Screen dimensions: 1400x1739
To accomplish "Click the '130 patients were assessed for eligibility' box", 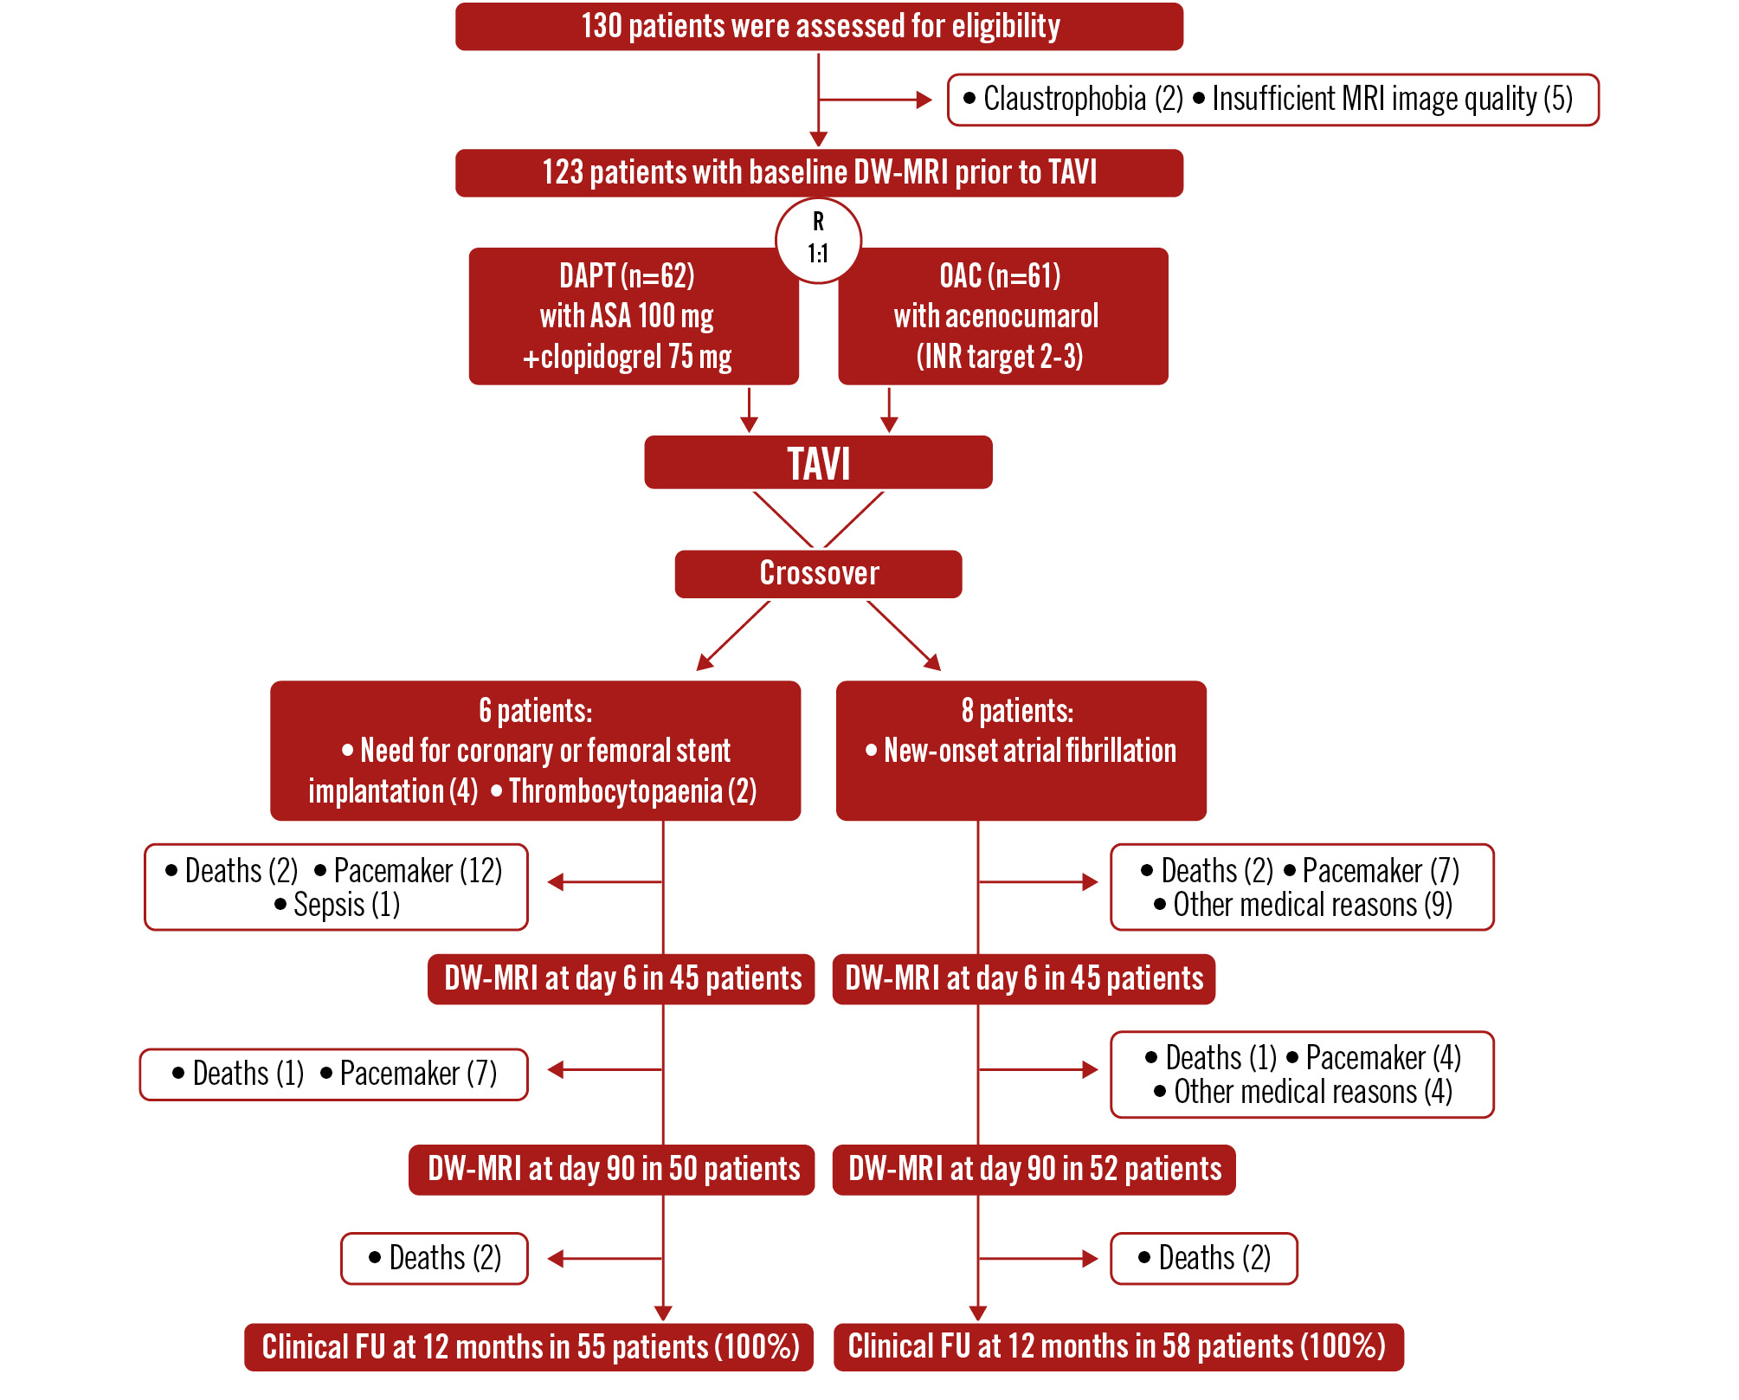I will (819, 27).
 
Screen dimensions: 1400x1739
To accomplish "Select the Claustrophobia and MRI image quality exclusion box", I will (1272, 100).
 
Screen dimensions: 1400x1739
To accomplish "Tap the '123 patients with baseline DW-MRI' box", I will (819, 173).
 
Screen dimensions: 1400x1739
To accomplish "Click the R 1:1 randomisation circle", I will (818, 240).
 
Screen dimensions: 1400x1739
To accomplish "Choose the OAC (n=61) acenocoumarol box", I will (1002, 316).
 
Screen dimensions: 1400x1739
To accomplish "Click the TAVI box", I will (818, 462).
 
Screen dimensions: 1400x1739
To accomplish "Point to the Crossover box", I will (818, 573).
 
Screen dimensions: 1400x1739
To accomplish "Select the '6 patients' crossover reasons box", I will (535, 750).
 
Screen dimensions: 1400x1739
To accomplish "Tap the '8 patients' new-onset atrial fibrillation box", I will (1021, 750).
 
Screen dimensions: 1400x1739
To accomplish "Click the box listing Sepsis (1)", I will (336, 887).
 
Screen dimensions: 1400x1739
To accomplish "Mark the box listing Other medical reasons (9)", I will (1302, 887).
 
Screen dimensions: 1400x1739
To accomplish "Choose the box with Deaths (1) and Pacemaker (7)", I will (334, 1074).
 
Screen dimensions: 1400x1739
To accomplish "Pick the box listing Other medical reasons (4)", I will (1302, 1074).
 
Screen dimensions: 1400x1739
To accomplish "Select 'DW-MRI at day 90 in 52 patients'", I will (1034, 1170).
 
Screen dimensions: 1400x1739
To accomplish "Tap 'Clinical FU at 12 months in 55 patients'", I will (529, 1347).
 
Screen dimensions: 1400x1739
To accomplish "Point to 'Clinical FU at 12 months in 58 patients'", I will (1117, 1347).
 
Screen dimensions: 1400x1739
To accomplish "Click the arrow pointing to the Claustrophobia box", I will (874, 100).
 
